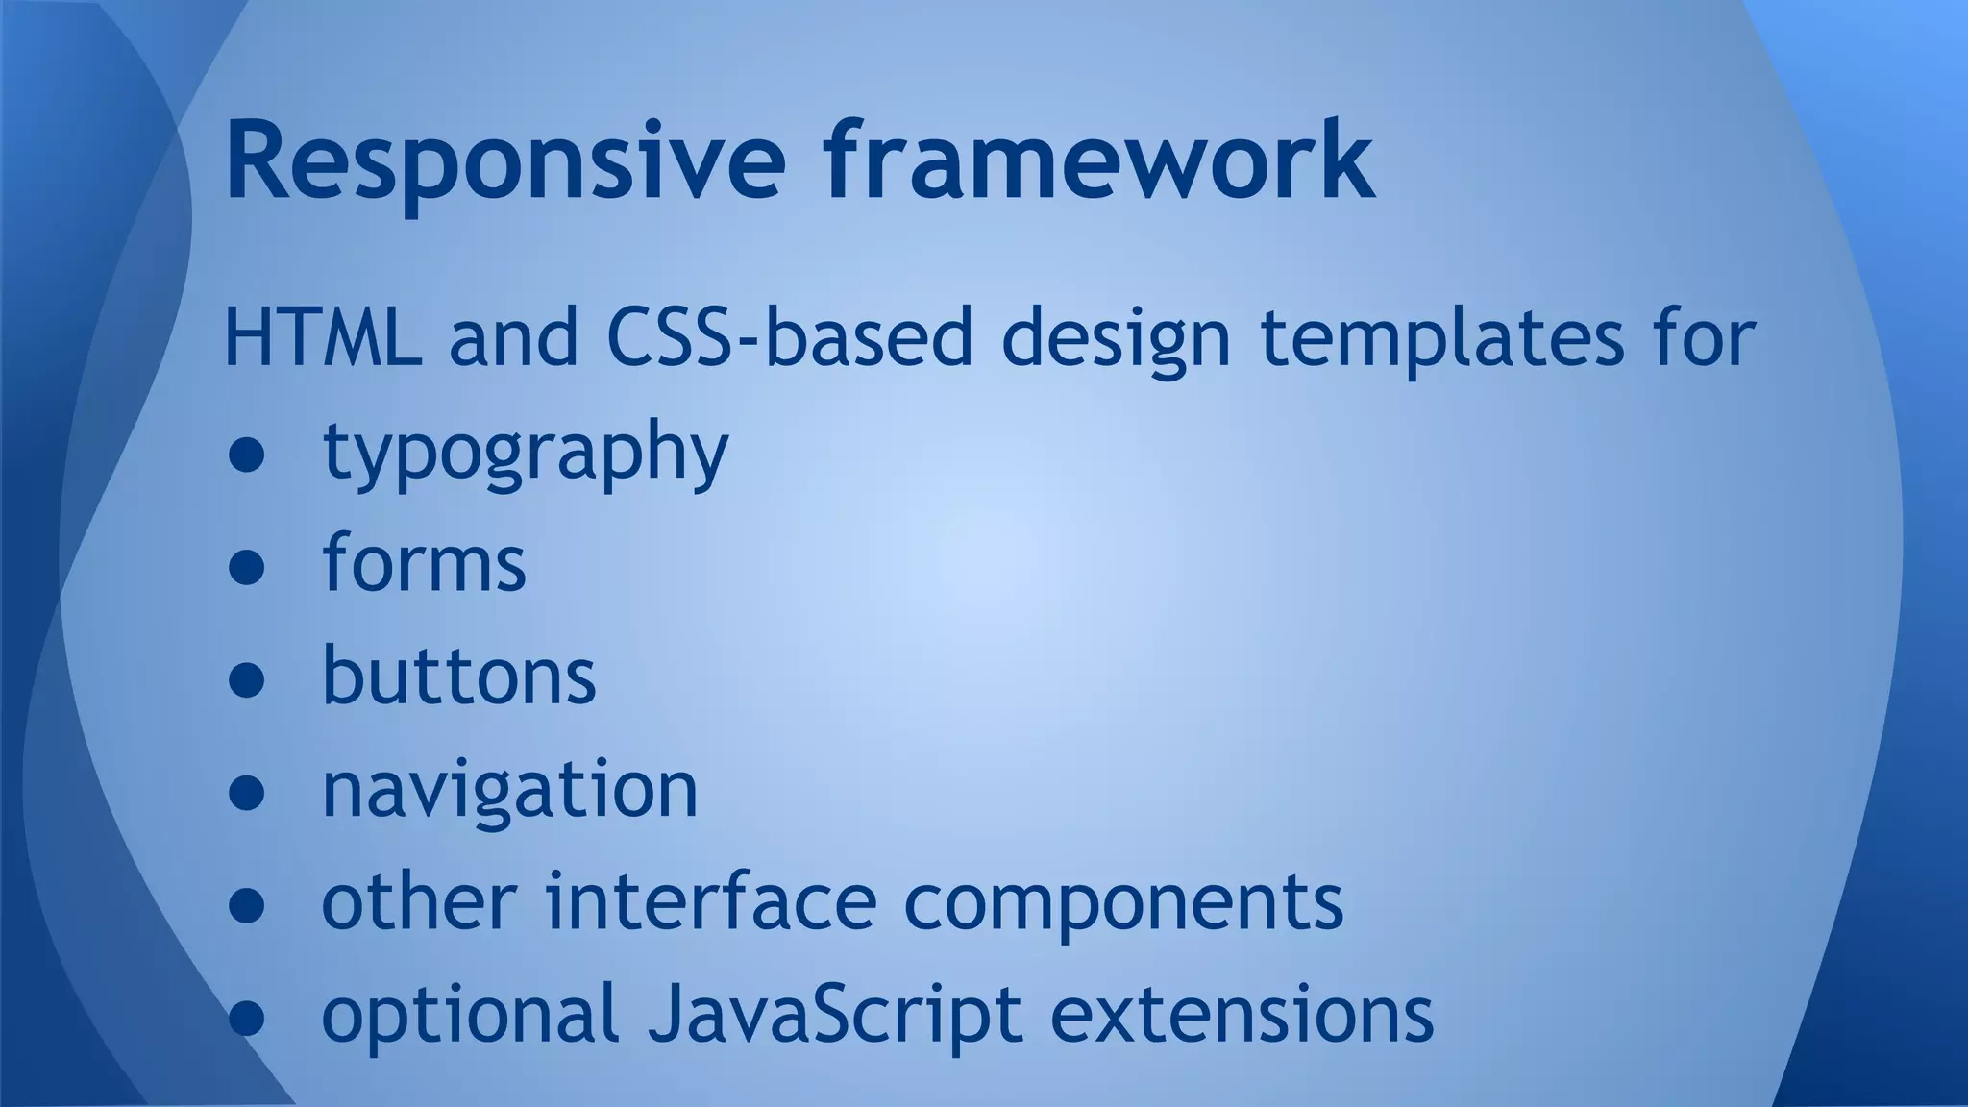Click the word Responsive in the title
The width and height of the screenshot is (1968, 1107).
click(505, 161)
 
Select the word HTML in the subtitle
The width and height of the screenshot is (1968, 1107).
click(322, 338)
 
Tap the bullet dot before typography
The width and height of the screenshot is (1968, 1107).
click(247, 456)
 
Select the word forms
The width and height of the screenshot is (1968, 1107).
click(424, 563)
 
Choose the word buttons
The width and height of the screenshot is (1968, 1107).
click(458, 676)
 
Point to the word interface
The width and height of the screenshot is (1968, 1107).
click(711, 901)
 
